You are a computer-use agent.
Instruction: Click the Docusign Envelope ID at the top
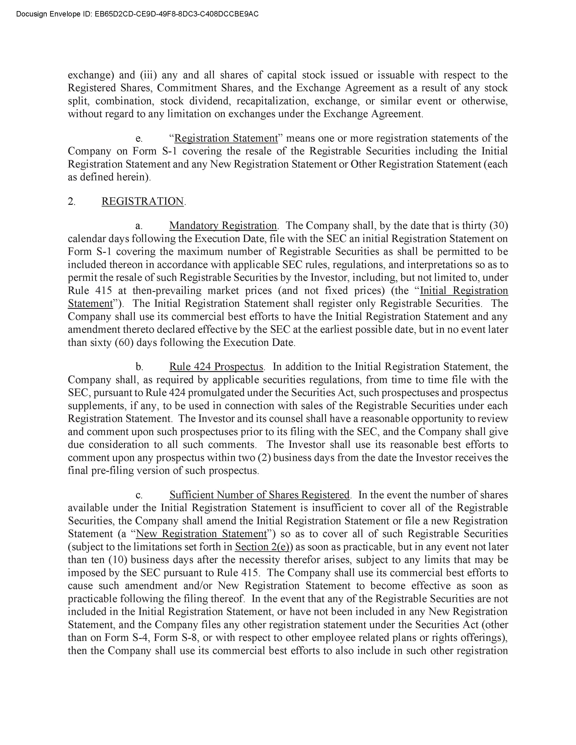click(137, 14)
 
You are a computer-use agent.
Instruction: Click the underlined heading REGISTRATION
click(143, 201)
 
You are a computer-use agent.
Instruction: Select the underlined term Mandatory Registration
click(223, 226)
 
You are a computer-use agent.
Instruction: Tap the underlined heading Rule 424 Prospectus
click(216, 367)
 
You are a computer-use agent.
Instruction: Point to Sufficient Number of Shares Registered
click(259, 495)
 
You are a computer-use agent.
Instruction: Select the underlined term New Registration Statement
click(201, 534)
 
